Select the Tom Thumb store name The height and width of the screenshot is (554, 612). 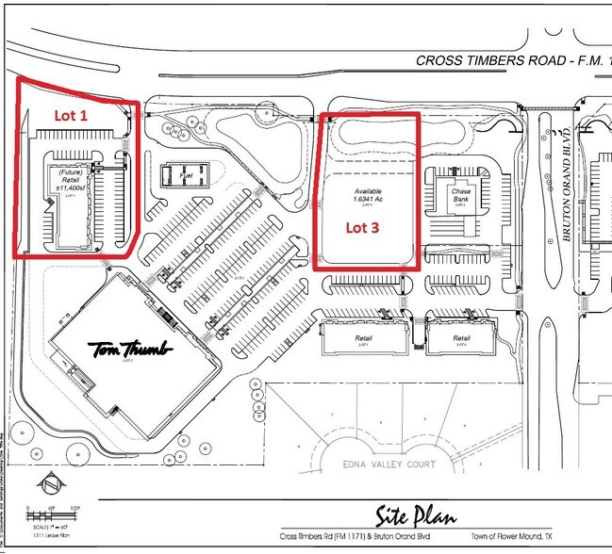pyautogui.click(x=132, y=349)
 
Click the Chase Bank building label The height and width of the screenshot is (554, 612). pyautogui.click(x=461, y=193)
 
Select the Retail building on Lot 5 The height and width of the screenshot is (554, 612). pyautogui.click(x=362, y=338)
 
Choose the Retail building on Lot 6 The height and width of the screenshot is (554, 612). pyautogui.click(x=461, y=338)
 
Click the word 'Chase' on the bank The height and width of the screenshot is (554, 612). pyautogui.click(x=461, y=187)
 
